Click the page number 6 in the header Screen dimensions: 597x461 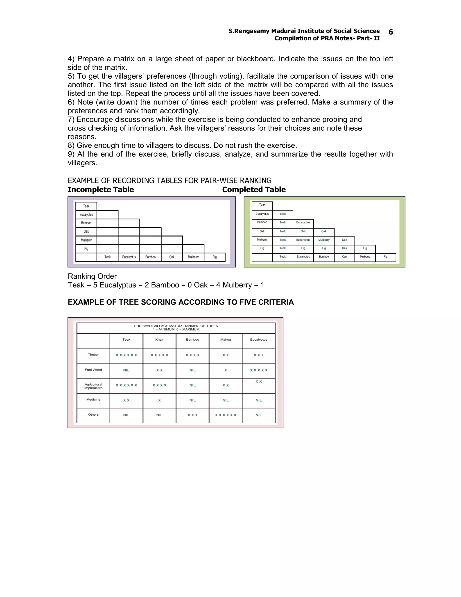[391, 32]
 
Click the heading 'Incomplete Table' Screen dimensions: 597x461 [101, 190]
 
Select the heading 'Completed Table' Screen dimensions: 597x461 [254, 190]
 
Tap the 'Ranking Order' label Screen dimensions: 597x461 [92, 276]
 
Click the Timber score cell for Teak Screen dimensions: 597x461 [126, 355]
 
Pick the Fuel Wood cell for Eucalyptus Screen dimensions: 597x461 [258, 370]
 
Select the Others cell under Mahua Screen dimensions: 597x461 [225, 415]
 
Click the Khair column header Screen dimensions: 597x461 [159, 340]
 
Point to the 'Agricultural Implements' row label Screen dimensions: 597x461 [93, 386]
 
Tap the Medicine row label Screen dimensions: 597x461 [93, 399]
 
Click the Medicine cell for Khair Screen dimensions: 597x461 [159, 400]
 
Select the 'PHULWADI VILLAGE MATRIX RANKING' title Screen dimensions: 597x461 [176, 326]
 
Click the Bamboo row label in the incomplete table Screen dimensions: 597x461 [86, 223]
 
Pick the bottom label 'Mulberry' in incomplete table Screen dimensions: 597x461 [193, 257]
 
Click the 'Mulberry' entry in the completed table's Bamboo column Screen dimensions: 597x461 [324, 240]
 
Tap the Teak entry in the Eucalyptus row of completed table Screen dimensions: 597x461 [282, 214]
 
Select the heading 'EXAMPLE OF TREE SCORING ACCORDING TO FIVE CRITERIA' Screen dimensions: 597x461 [181, 302]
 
